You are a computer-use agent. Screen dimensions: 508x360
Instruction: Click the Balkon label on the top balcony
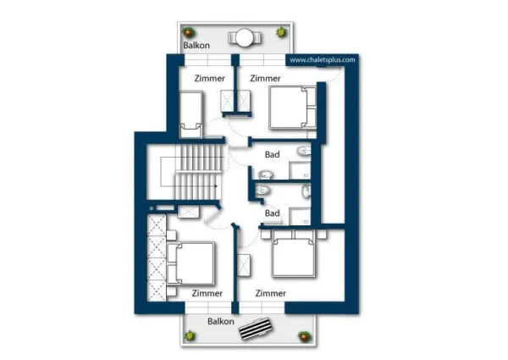click(x=196, y=45)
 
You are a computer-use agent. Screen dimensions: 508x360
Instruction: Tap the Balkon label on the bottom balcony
click(x=221, y=321)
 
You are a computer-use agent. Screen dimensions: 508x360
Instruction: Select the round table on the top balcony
click(x=244, y=38)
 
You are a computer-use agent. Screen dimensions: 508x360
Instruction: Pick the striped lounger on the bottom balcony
click(x=256, y=329)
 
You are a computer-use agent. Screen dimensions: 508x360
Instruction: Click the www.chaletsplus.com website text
click(x=322, y=60)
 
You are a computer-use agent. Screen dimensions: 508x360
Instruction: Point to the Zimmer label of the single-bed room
click(x=210, y=78)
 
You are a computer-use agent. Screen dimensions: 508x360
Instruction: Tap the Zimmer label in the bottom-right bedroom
click(x=271, y=293)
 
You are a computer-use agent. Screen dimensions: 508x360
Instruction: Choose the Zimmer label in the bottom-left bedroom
click(x=207, y=293)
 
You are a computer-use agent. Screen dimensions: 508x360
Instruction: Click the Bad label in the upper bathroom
click(x=272, y=154)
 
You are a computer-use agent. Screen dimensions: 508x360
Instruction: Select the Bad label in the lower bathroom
click(x=272, y=213)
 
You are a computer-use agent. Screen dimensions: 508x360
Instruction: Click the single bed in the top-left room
click(x=191, y=114)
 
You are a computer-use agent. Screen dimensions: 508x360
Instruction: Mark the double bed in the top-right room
click(x=293, y=108)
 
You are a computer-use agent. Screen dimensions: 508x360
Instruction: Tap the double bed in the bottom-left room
click(x=190, y=263)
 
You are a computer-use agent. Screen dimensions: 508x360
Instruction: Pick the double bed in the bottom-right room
click(x=294, y=253)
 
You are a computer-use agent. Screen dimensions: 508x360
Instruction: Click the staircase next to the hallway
click(x=200, y=173)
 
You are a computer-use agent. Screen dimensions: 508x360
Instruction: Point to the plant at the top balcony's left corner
click(x=188, y=32)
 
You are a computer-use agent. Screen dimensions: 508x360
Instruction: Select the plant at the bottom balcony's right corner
click(x=304, y=336)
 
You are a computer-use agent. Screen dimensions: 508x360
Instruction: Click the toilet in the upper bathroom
click(x=304, y=150)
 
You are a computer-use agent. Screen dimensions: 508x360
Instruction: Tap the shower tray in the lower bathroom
click(x=300, y=217)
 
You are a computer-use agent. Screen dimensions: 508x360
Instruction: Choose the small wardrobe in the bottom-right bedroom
click(x=244, y=265)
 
